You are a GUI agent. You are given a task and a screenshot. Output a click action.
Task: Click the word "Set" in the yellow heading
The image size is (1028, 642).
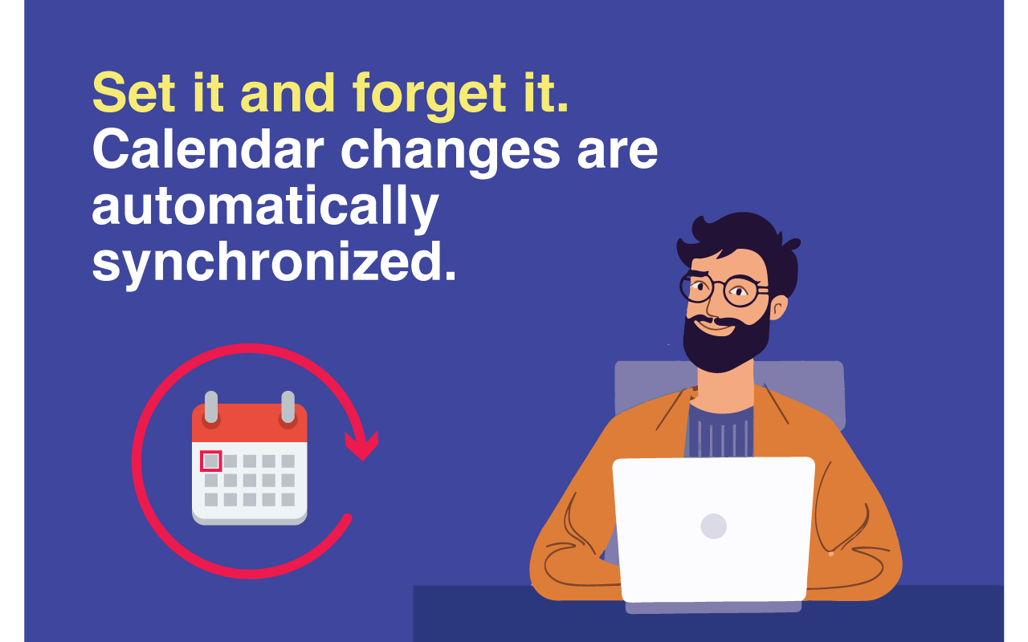tap(133, 93)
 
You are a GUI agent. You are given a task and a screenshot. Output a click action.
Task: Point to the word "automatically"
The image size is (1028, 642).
tap(265, 206)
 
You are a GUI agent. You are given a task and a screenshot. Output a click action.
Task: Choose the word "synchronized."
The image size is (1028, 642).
tap(274, 262)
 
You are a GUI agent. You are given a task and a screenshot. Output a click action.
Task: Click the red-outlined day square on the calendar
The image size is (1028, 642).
tap(210, 461)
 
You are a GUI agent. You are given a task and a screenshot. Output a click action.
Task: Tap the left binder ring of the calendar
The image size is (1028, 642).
tap(211, 408)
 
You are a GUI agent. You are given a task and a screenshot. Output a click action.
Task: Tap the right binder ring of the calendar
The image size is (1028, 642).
tap(288, 408)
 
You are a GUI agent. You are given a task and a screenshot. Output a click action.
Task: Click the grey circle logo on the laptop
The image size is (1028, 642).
tap(713, 526)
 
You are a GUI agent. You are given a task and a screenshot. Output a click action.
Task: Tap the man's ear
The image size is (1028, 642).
tap(778, 306)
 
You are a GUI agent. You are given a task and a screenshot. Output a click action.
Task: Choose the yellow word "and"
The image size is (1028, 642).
tap(288, 93)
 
